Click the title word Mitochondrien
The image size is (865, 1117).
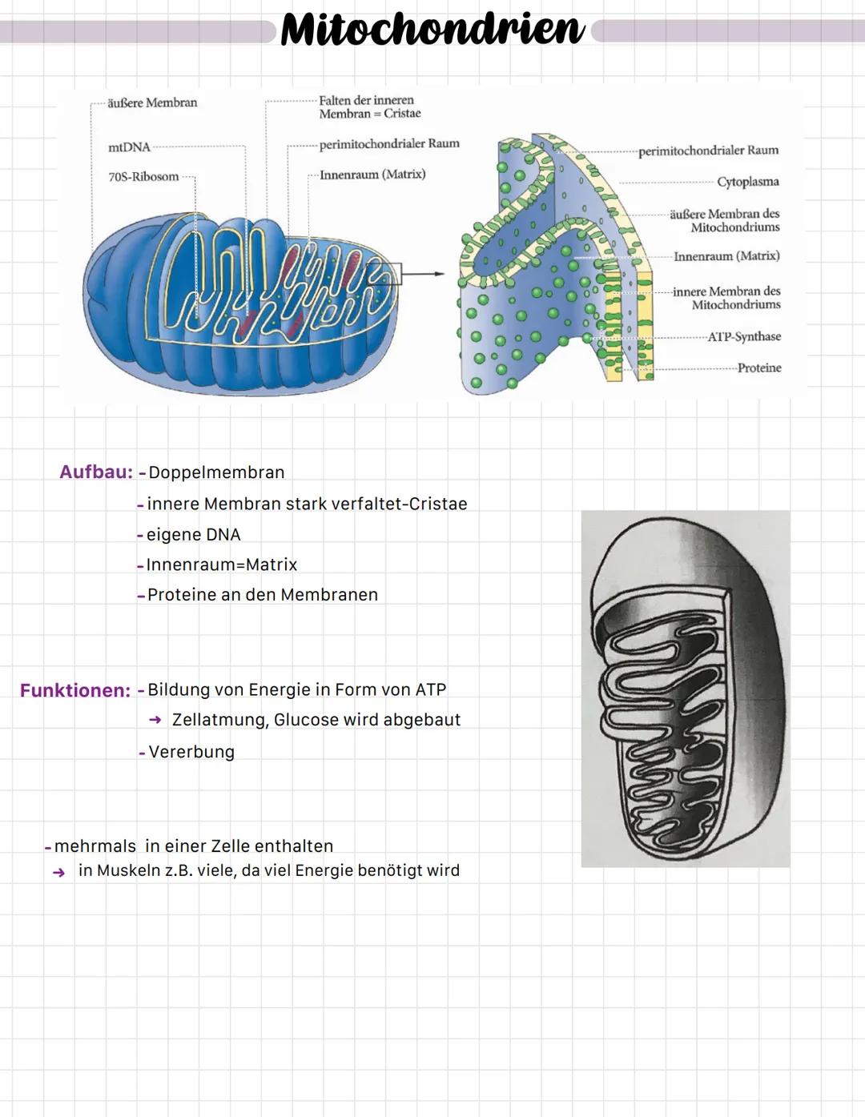pyautogui.click(x=432, y=30)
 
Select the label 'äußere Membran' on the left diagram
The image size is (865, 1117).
pyautogui.click(x=152, y=102)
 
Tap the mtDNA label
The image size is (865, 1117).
pyautogui.click(x=129, y=147)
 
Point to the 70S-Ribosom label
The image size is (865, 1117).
pyautogui.click(x=143, y=176)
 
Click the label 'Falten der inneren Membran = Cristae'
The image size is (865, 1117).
pyautogui.click(x=369, y=106)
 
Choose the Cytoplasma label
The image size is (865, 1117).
pyautogui.click(x=747, y=182)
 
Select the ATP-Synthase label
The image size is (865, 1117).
pyautogui.click(x=744, y=336)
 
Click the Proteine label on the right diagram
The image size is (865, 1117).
pyautogui.click(x=758, y=368)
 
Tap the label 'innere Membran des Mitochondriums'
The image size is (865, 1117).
pyautogui.click(x=726, y=298)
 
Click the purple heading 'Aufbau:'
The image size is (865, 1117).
pyautogui.click(x=96, y=472)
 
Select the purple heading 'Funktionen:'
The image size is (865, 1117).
pyautogui.click(x=75, y=690)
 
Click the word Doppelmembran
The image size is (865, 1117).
pyautogui.click(x=216, y=472)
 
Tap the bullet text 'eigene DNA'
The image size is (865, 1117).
pyautogui.click(x=193, y=535)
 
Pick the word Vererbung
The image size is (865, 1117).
pyautogui.click(x=191, y=752)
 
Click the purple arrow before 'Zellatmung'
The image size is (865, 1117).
pyautogui.click(x=155, y=720)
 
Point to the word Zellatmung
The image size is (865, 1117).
pyautogui.click(x=219, y=720)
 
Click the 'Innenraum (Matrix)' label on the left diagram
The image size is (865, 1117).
pyautogui.click(x=372, y=175)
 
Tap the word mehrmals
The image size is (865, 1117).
pyautogui.click(x=95, y=846)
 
